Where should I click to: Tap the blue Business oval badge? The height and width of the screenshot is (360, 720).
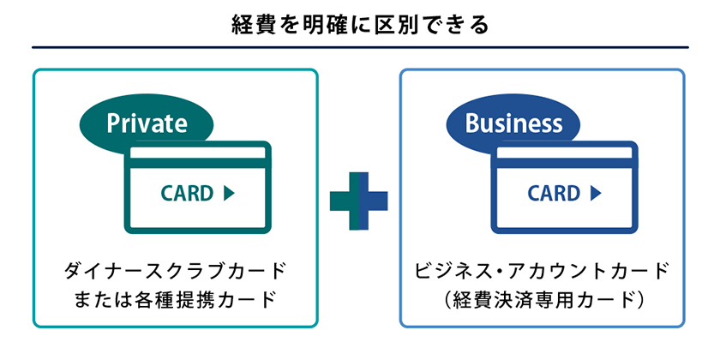tap(513, 123)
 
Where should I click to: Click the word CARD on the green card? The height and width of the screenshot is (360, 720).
tap(187, 194)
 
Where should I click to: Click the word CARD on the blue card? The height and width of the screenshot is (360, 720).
tap(554, 194)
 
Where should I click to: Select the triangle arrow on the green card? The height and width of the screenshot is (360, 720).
tap(229, 194)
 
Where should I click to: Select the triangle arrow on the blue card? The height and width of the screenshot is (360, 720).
tap(596, 194)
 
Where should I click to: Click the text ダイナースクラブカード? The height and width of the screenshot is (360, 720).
tap(175, 272)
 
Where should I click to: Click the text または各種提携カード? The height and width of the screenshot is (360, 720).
tap(175, 300)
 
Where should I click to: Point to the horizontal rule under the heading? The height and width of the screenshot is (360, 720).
tap(360, 47)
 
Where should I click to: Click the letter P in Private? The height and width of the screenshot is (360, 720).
tap(113, 123)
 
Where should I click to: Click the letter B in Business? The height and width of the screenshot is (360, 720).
tap(471, 123)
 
